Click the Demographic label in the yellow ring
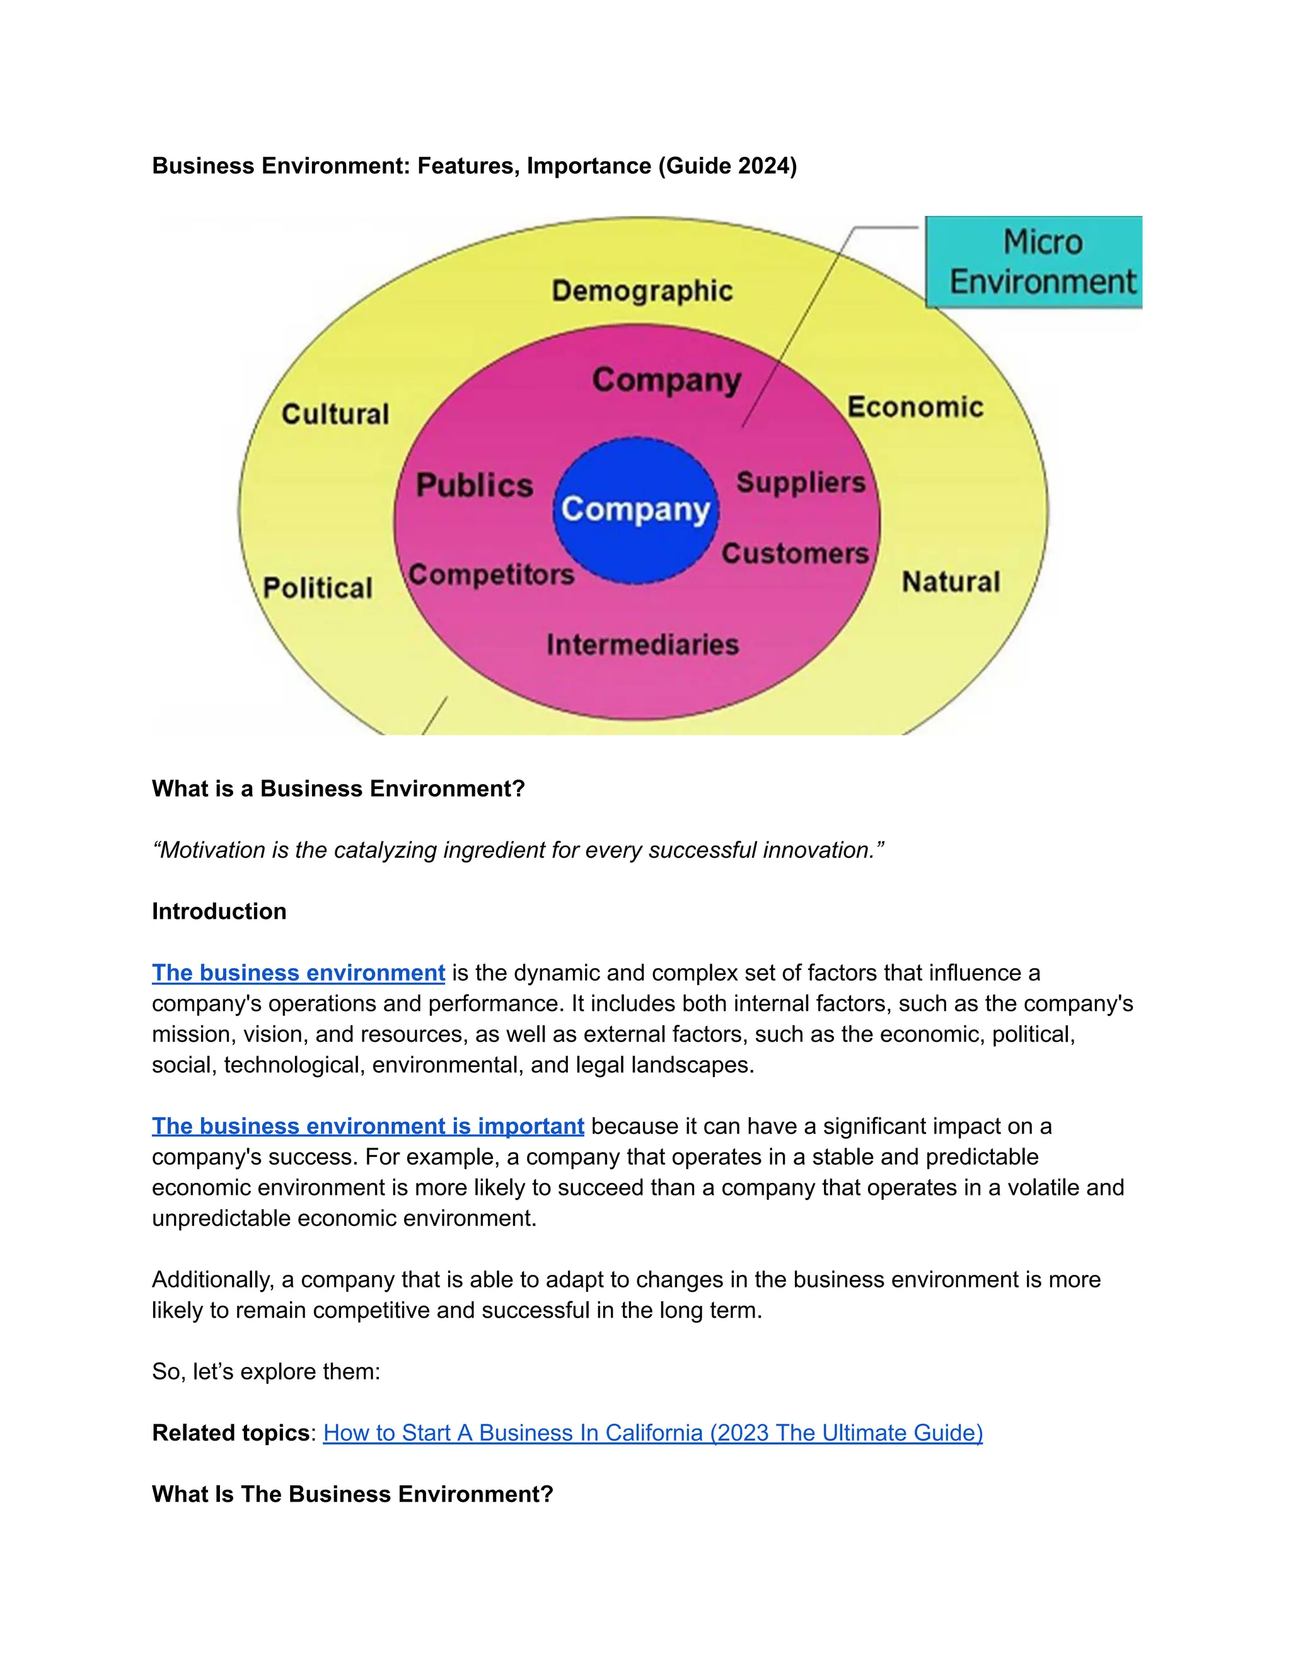(x=642, y=291)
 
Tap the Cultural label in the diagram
(x=335, y=415)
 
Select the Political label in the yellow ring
(x=318, y=588)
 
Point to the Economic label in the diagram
(x=915, y=408)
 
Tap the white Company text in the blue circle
(x=635, y=510)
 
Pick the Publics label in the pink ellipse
(x=474, y=485)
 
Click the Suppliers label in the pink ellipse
(x=801, y=483)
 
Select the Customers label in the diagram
(x=795, y=553)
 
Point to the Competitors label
(x=491, y=574)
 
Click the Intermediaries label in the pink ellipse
(x=642, y=645)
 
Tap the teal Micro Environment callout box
(x=1034, y=262)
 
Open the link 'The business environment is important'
(x=368, y=1126)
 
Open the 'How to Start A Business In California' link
(x=652, y=1433)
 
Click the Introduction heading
(x=219, y=911)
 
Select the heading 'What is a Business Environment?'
(x=338, y=788)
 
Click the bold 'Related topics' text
(x=230, y=1433)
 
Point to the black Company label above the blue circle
(x=666, y=380)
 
